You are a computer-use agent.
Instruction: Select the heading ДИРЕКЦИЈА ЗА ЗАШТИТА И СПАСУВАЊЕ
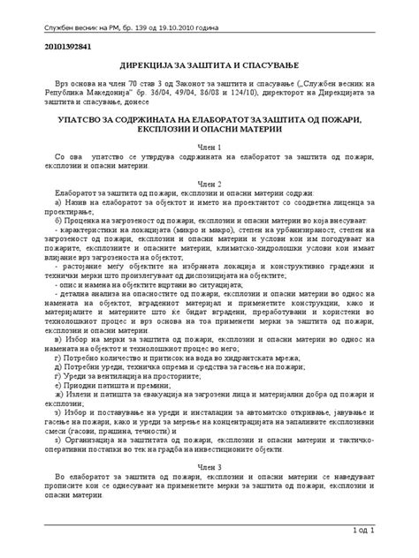[x=209, y=66]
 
